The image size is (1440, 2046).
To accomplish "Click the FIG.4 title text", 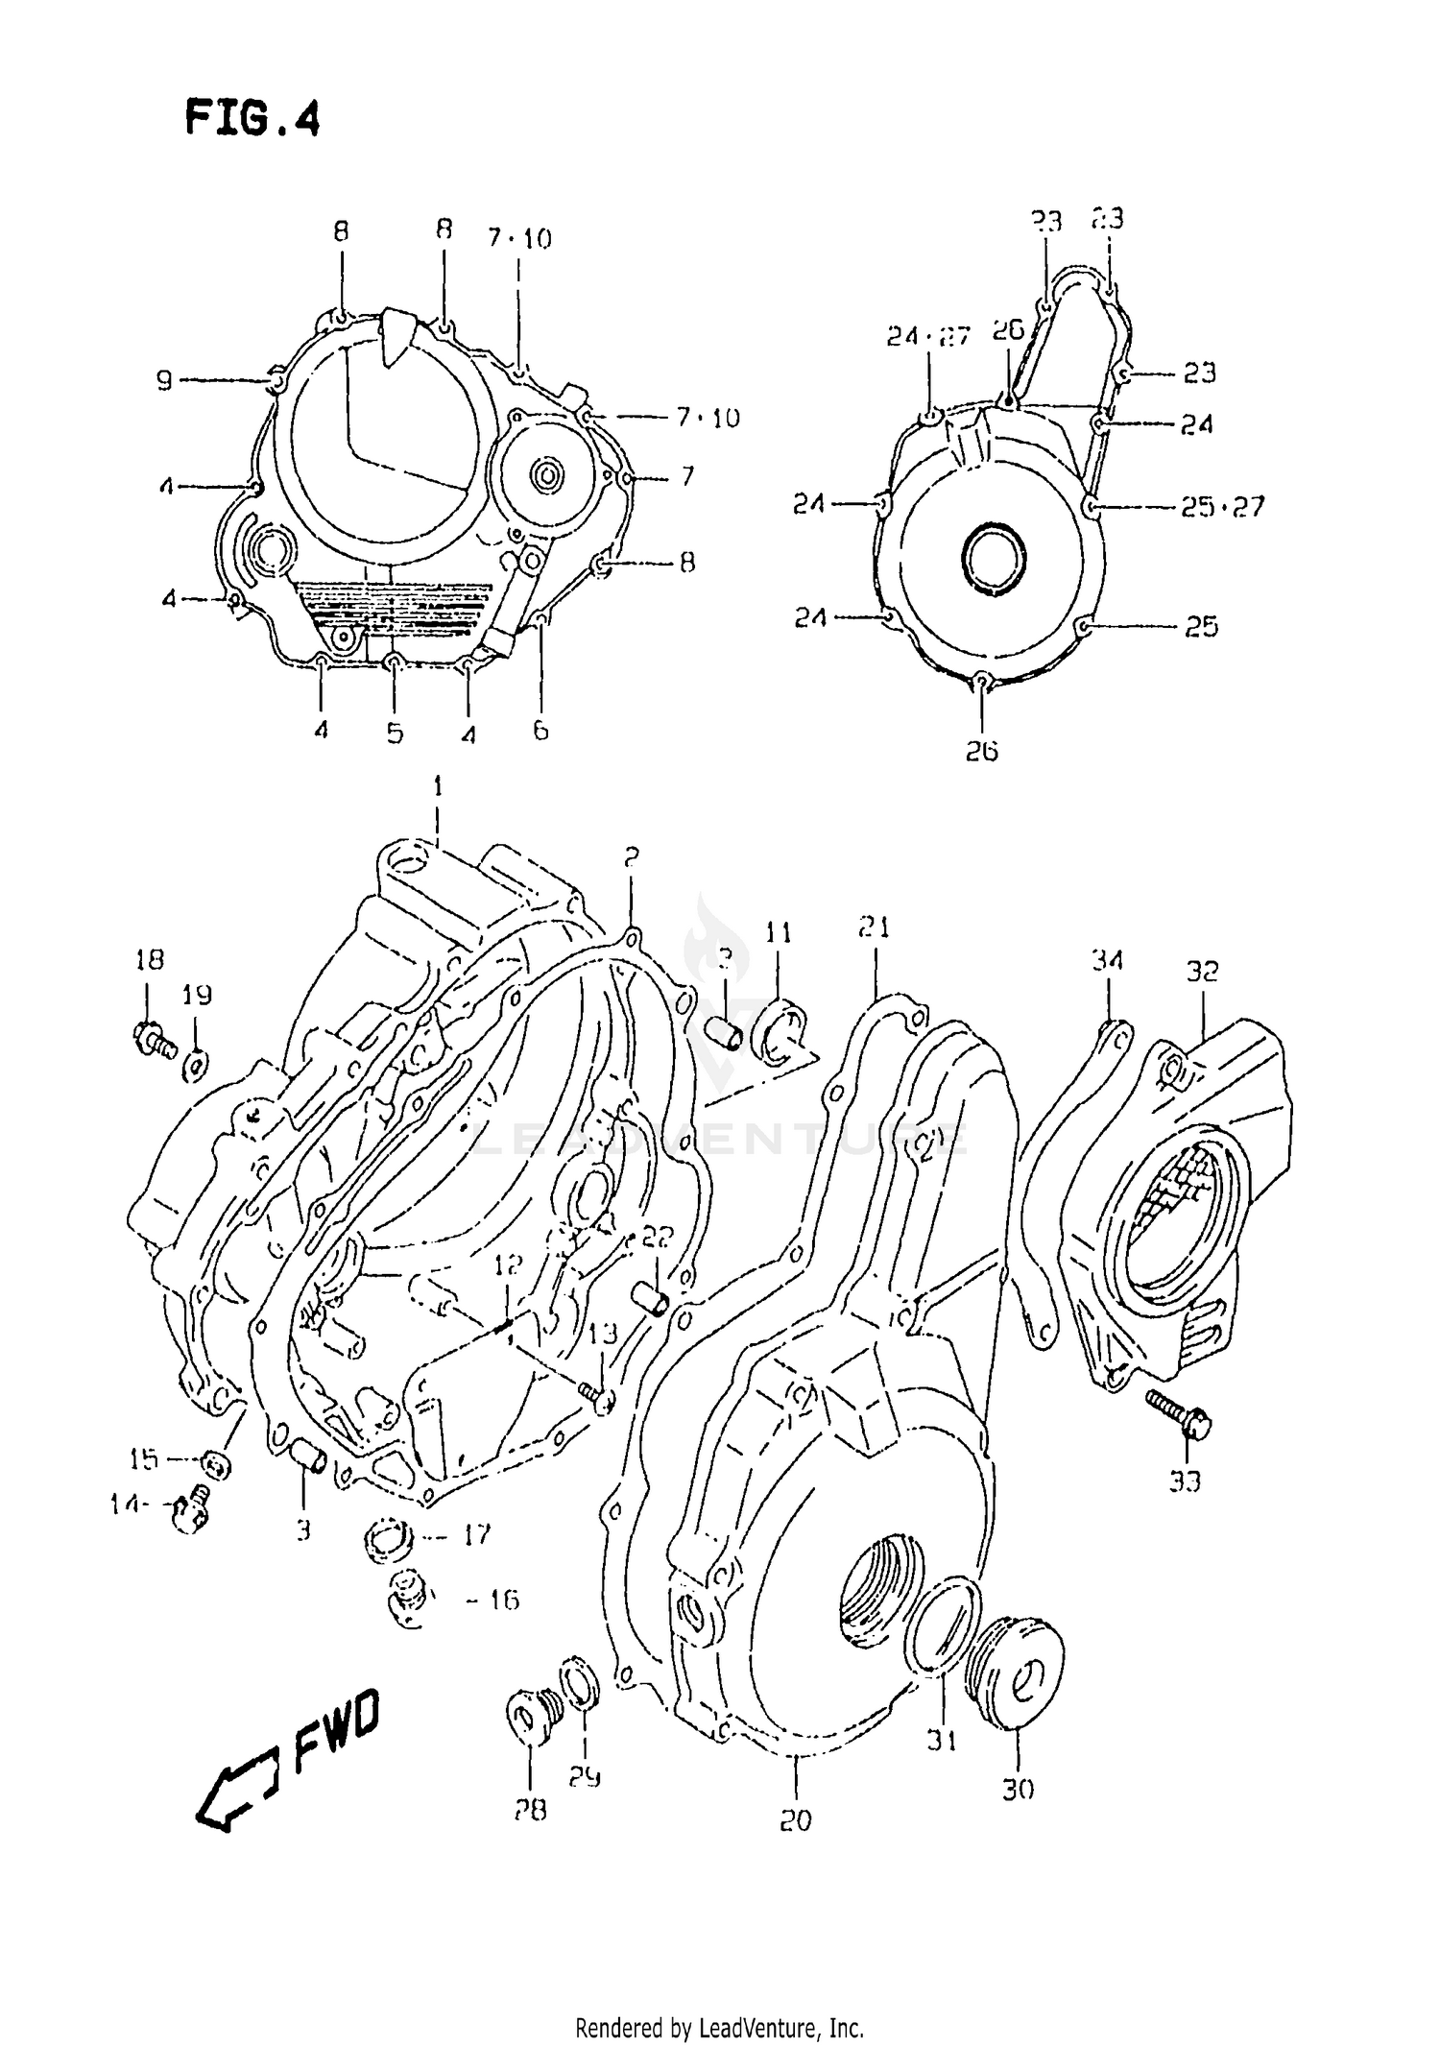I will [252, 119].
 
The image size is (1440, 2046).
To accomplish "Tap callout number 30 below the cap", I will [1018, 1790].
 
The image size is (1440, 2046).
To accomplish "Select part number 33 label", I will [1184, 1481].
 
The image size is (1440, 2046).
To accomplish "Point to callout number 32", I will [1201, 971].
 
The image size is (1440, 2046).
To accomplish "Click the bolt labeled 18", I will [153, 1038].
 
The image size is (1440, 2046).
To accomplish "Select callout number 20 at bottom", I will [796, 1820].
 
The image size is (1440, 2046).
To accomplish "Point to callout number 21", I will [874, 927].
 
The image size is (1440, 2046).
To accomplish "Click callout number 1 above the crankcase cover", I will [438, 787].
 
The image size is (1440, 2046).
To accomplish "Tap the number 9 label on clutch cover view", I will [164, 381].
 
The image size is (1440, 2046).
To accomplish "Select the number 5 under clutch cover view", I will [395, 734].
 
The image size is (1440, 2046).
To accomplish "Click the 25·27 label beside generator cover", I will [1222, 506].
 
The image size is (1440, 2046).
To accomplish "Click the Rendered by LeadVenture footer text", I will [719, 2022].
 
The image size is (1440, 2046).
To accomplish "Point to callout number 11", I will [778, 932].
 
